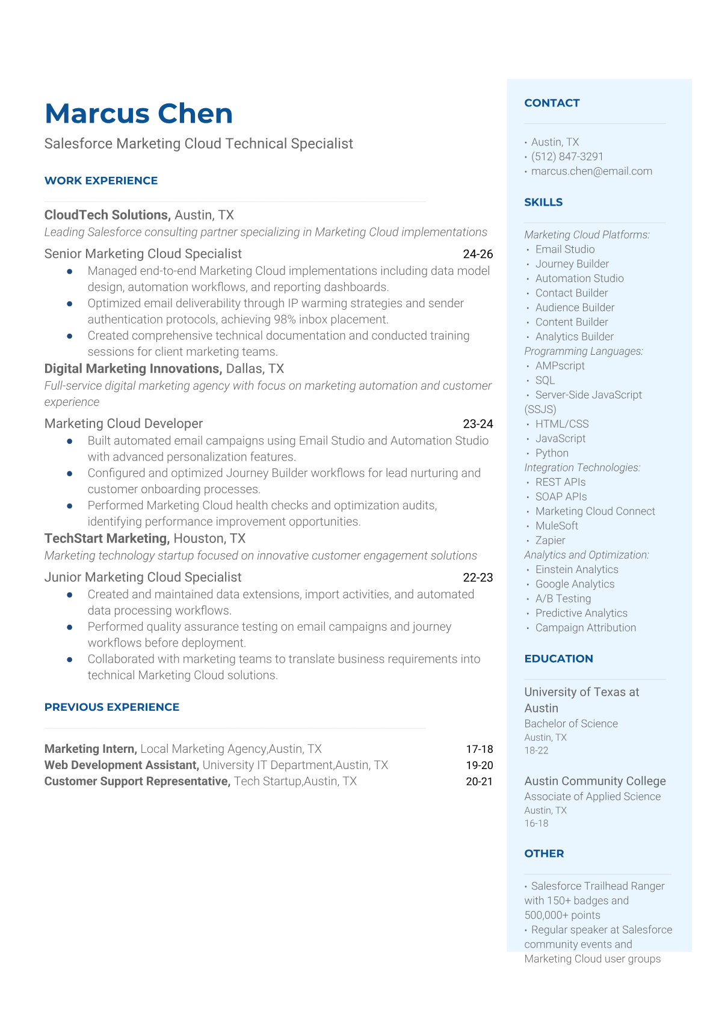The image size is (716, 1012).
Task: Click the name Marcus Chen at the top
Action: click(x=138, y=114)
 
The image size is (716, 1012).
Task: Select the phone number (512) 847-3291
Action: click(x=567, y=156)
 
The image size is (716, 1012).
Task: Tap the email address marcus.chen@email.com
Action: click(x=591, y=171)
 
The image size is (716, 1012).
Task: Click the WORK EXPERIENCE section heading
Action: click(x=101, y=180)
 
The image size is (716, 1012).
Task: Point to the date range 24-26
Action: click(x=478, y=254)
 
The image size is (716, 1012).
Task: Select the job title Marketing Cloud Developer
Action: click(x=123, y=424)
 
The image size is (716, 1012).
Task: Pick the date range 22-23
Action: click(x=478, y=578)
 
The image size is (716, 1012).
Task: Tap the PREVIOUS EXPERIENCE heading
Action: click(x=112, y=707)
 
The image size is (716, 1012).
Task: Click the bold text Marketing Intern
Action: click(x=90, y=749)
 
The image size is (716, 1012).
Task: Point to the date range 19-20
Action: click(x=479, y=765)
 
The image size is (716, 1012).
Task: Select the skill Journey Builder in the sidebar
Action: click(x=572, y=264)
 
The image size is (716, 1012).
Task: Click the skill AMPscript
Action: click(x=560, y=366)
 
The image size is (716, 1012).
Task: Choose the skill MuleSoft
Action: click(x=557, y=526)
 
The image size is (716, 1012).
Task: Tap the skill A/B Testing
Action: click(x=563, y=599)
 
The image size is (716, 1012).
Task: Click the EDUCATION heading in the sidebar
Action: click(x=558, y=658)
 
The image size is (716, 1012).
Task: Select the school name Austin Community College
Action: click(x=594, y=781)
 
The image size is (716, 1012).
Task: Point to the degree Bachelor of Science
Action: click(x=570, y=724)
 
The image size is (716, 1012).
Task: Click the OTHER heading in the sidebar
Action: click(x=544, y=853)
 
